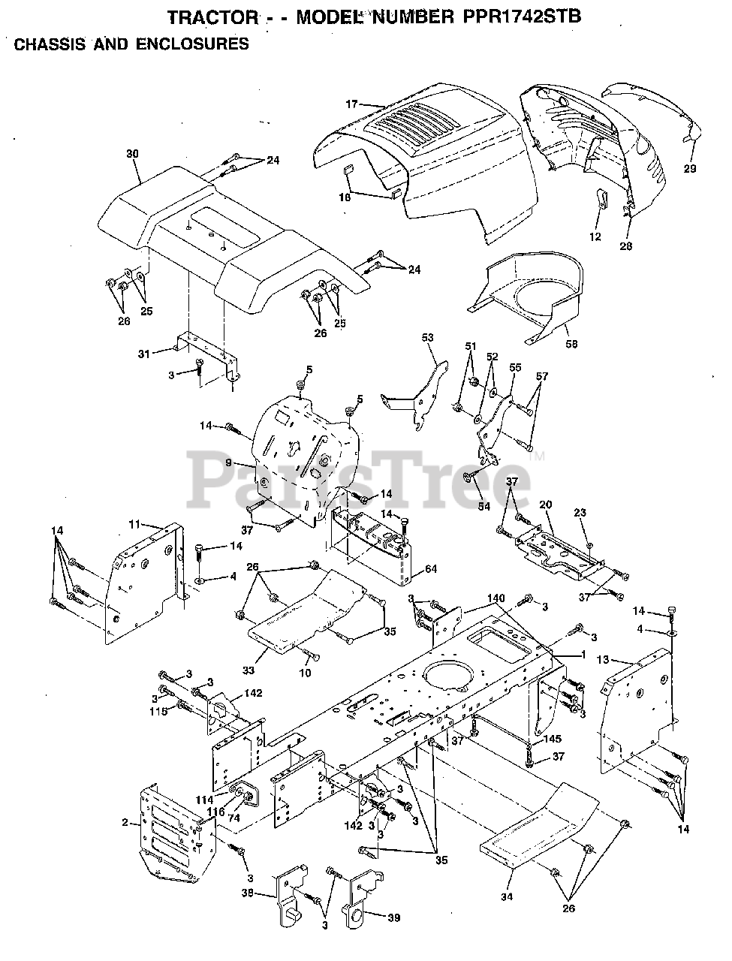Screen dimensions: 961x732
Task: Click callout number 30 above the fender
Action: pyautogui.click(x=132, y=154)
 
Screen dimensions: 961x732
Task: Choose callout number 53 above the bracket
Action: pyautogui.click(x=427, y=339)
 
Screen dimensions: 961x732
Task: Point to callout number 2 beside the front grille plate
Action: pyautogui.click(x=125, y=824)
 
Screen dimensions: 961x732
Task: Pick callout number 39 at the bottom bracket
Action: pyautogui.click(x=393, y=918)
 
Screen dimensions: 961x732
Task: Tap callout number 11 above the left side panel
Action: pyautogui.click(x=134, y=523)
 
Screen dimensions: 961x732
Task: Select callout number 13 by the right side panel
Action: pyautogui.click(x=603, y=660)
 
